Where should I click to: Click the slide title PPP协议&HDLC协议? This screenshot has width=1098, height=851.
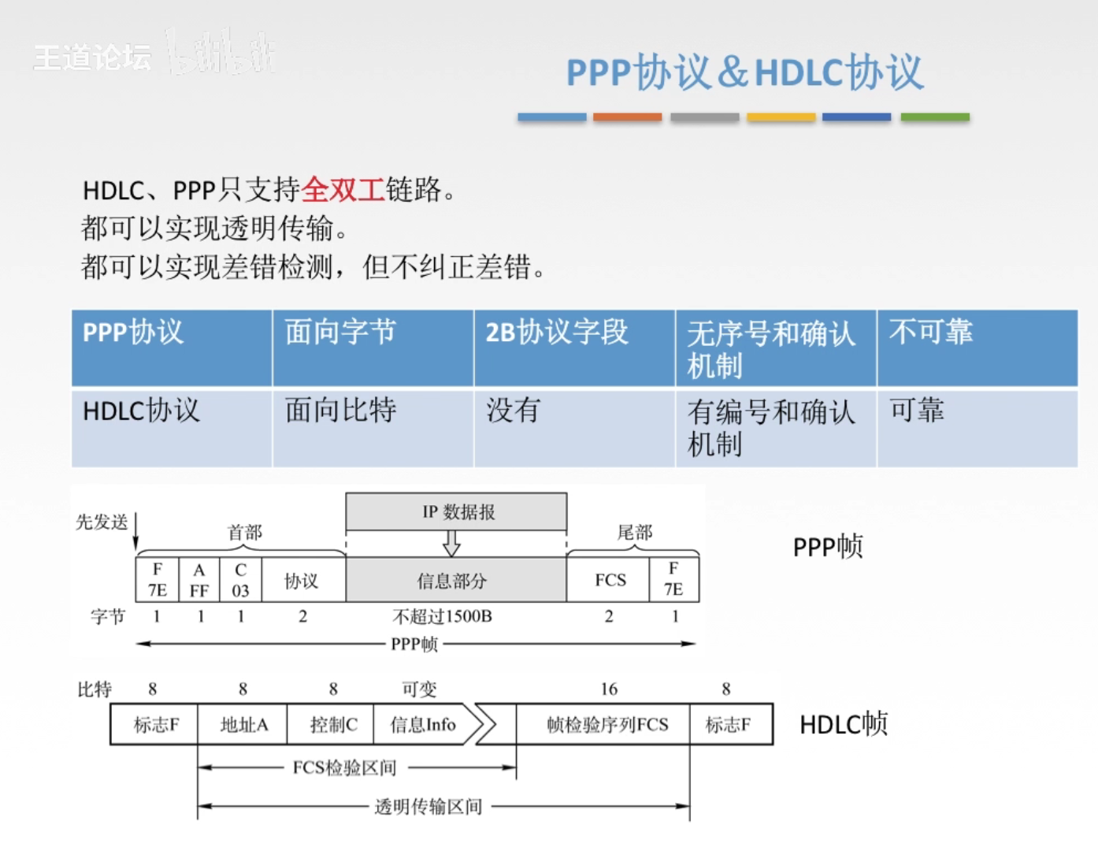(x=744, y=72)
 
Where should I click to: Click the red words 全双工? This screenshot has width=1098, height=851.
(x=343, y=190)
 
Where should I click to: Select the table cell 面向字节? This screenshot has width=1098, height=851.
(x=372, y=347)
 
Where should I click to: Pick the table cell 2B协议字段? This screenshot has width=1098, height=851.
(x=573, y=347)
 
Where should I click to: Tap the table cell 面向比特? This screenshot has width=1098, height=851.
(x=372, y=428)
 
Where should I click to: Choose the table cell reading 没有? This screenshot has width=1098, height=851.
(x=573, y=428)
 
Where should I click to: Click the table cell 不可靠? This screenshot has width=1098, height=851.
(x=977, y=347)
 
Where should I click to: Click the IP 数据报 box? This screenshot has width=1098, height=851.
(x=456, y=512)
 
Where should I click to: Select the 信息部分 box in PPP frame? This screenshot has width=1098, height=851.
(x=455, y=581)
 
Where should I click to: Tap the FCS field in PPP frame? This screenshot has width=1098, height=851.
(x=610, y=580)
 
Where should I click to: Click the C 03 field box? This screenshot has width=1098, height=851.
(x=241, y=580)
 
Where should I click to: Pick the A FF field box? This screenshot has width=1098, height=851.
(x=199, y=580)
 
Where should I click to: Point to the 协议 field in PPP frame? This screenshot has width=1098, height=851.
(x=302, y=581)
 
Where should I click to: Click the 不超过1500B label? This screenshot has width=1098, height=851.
(x=443, y=616)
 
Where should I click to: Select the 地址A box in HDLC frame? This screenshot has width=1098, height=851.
(x=243, y=724)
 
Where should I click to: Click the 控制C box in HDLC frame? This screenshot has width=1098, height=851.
(x=332, y=724)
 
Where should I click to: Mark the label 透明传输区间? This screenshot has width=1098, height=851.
(x=428, y=806)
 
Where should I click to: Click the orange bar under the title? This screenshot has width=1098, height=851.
(x=627, y=117)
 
